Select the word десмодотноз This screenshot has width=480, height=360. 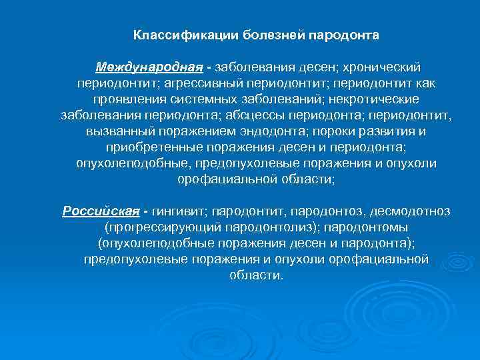click(410, 211)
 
